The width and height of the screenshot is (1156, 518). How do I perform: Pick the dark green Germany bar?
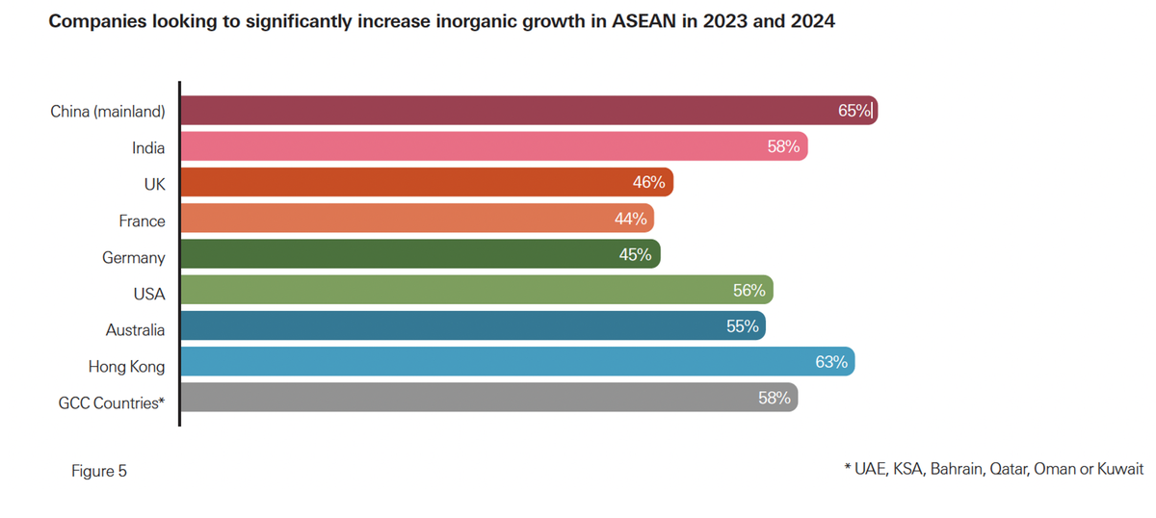click(x=420, y=255)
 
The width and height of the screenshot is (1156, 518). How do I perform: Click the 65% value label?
click(x=854, y=111)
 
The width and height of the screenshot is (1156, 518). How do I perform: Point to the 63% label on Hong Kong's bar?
click(x=831, y=362)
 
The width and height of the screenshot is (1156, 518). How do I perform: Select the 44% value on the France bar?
click(x=630, y=219)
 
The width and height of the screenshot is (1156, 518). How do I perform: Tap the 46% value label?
click(x=649, y=182)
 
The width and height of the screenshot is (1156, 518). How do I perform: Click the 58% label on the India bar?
click(x=784, y=147)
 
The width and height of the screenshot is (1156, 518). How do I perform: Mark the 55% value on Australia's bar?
click(x=743, y=326)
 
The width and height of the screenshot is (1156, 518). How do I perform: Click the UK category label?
click(x=154, y=184)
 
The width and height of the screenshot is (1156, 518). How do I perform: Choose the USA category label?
click(x=149, y=294)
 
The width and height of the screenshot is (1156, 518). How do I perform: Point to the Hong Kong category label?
click(x=126, y=367)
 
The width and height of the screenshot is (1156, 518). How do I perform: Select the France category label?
click(x=142, y=220)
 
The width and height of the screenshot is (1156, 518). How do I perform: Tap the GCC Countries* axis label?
click(x=112, y=403)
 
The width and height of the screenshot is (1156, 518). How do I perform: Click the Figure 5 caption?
click(x=99, y=471)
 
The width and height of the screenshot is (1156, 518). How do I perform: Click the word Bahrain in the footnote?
click(x=957, y=470)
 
